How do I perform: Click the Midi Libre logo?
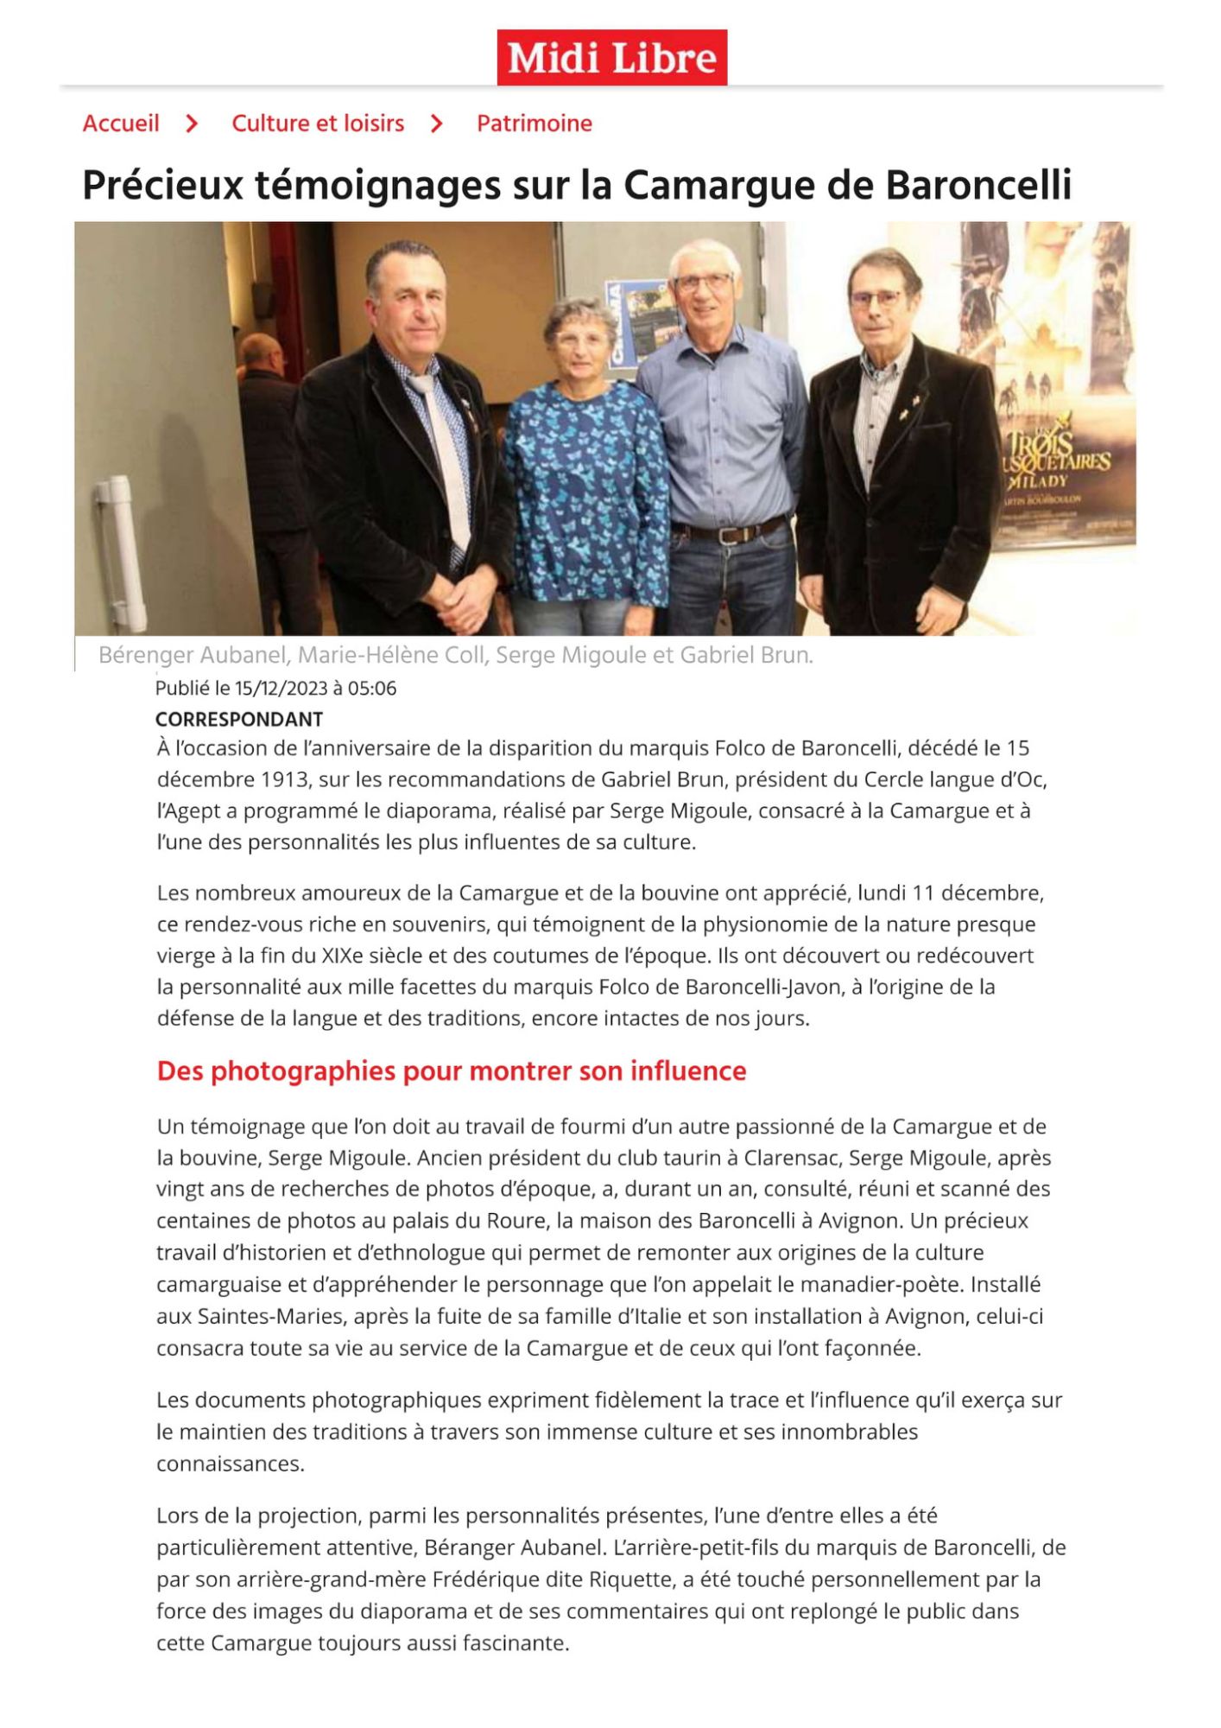[611, 58]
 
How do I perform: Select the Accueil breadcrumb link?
[121, 124]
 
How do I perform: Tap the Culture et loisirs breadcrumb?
[318, 124]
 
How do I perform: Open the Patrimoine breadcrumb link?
[535, 124]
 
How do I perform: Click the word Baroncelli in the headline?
[978, 186]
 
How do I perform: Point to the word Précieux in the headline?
[162, 186]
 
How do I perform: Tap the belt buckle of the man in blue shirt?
[728, 534]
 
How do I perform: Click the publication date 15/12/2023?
[281, 689]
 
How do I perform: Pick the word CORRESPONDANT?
[239, 719]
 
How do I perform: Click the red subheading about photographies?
[452, 1071]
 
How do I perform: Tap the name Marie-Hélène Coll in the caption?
[391, 655]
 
